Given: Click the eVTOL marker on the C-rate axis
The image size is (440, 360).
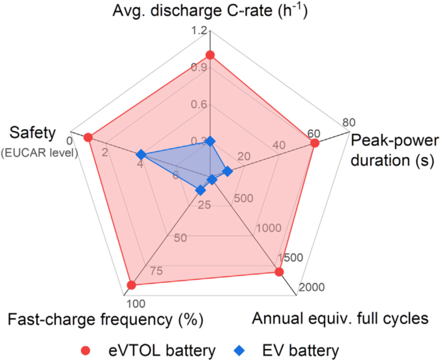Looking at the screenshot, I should point(210,55).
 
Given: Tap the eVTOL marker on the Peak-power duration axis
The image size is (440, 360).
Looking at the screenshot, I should point(314,143).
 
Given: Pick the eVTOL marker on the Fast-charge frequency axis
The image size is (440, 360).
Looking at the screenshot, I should point(132,285).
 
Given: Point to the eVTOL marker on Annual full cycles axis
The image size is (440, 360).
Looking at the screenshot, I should point(279,272).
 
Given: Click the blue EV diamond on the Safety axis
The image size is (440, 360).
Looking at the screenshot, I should point(140,155).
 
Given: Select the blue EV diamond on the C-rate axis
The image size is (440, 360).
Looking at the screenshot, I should point(210,142).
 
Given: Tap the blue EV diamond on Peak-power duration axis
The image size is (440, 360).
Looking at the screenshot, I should point(227,172).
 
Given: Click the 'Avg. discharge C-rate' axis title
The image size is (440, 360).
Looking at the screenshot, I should point(209,11).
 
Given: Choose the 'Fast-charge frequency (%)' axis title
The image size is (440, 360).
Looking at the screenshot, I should point(106,320).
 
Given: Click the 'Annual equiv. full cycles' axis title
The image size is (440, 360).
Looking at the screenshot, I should point(340,319).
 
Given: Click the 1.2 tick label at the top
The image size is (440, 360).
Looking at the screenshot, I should point(199,31).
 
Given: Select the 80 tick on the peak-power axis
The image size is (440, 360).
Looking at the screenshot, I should point(349,122).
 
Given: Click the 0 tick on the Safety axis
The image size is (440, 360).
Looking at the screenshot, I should point(70,140).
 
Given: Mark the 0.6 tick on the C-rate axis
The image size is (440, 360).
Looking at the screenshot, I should point(199,104).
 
